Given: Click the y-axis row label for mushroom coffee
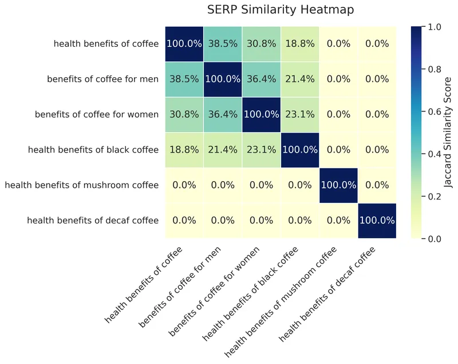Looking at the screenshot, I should pos(81,185).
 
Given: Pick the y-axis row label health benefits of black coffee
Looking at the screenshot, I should pos(93,150).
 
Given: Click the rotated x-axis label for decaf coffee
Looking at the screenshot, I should pos(327,295).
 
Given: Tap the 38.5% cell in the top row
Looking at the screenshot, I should pos(223,44).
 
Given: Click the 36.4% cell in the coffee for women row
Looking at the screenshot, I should pos(223,114).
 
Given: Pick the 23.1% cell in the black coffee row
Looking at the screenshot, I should pos(261,150).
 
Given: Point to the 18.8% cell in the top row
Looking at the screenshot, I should pos(299,44).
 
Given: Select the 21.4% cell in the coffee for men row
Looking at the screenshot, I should pos(299,79).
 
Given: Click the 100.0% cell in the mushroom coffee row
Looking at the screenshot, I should pos(338,185).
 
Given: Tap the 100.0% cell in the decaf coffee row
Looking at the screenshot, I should pos(376,221).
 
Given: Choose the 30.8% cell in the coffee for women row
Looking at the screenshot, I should pos(184,114).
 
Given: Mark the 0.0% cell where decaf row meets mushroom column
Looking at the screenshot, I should pos(338,221).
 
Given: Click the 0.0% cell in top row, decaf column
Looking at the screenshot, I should pos(376,44).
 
